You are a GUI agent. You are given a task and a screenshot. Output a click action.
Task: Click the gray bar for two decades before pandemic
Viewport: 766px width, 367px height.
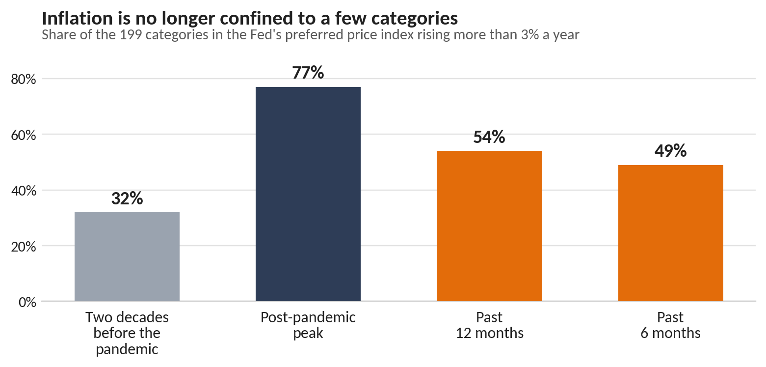[x=127, y=257]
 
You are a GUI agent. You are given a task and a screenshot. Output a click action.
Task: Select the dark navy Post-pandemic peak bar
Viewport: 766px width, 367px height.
[x=308, y=194]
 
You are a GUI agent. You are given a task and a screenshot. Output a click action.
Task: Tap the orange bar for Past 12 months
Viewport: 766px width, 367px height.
[x=489, y=226]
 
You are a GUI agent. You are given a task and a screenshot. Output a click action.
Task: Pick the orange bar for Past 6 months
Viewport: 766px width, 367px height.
[x=671, y=233]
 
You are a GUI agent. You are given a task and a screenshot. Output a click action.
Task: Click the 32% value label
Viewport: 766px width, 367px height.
[x=127, y=198]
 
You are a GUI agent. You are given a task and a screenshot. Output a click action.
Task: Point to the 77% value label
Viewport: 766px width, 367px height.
[x=308, y=73]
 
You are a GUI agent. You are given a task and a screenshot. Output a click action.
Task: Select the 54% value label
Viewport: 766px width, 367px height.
[x=489, y=137]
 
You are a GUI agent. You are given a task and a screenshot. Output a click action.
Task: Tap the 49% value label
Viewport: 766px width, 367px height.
[x=671, y=151]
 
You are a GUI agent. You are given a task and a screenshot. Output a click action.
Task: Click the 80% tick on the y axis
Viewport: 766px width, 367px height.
[x=24, y=80]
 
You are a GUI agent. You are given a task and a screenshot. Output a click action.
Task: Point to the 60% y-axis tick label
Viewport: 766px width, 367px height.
[x=24, y=135]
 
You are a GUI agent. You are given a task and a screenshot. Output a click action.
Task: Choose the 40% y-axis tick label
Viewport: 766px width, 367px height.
[x=24, y=191]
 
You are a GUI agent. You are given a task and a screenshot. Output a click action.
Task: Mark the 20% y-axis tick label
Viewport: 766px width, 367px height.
[x=24, y=247]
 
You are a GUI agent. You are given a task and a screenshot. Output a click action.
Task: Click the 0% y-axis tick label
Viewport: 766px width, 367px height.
[x=27, y=302]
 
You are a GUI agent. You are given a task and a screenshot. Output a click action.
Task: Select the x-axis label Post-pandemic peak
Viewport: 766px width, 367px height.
[x=308, y=325]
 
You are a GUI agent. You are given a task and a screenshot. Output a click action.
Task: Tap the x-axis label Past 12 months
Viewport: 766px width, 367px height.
[x=489, y=325]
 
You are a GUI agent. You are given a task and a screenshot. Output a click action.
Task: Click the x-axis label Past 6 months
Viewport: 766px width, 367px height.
[x=671, y=325]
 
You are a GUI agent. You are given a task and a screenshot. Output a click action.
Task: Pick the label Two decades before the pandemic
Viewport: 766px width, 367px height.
[x=127, y=333]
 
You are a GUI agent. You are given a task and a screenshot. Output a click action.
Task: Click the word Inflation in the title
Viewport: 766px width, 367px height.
[x=77, y=18]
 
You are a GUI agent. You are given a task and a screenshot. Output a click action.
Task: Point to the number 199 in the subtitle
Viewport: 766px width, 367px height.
[x=131, y=35]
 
